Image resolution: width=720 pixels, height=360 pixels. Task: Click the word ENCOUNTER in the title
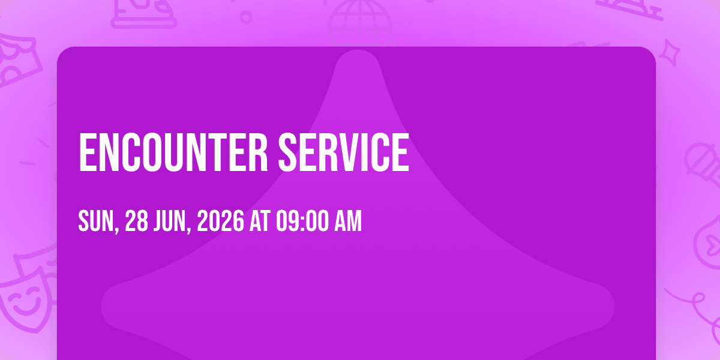(x=173, y=152)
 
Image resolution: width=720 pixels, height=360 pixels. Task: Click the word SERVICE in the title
(x=344, y=152)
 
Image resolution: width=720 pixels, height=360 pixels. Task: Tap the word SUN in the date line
(x=96, y=221)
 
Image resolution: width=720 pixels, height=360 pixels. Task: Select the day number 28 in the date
(x=136, y=221)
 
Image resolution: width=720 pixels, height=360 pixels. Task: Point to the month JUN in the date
(x=170, y=221)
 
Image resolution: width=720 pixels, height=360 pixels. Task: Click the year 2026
(x=221, y=221)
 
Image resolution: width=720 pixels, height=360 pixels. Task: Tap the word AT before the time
(x=260, y=221)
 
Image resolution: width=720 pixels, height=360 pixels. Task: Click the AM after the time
(x=348, y=221)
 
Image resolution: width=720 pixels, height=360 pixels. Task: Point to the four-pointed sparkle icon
(x=670, y=53)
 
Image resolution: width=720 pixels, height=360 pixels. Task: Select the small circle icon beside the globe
(x=246, y=17)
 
